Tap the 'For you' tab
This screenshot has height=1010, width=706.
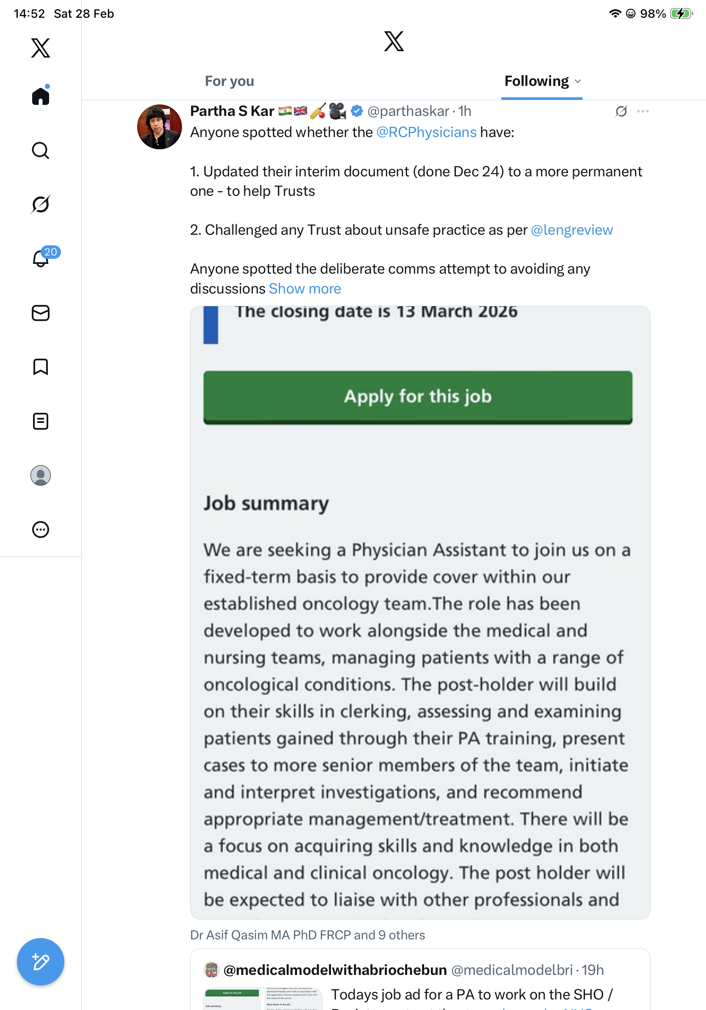pyautogui.click(x=229, y=81)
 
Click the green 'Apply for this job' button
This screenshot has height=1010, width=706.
pyautogui.click(x=417, y=397)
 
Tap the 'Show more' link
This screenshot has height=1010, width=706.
pyautogui.click(x=305, y=288)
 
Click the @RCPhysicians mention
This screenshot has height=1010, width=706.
pyautogui.click(x=426, y=132)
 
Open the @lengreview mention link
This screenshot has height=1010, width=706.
pyautogui.click(x=571, y=230)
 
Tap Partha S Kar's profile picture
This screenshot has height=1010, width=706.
pyautogui.click(x=159, y=127)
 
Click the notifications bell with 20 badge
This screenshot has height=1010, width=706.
pyautogui.click(x=41, y=259)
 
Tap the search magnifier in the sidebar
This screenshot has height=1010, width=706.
pyautogui.click(x=41, y=151)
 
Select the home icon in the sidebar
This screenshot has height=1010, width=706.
pyautogui.click(x=41, y=96)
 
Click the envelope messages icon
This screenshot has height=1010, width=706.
pyautogui.click(x=41, y=313)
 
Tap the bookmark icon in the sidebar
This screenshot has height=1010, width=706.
pyautogui.click(x=41, y=367)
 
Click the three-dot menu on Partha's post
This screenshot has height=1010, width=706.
pyautogui.click(x=643, y=111)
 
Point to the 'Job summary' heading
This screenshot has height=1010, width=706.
pyautogui.click(x=266, y=503)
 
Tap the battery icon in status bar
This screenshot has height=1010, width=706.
pyautogui.click(x=681, y=14)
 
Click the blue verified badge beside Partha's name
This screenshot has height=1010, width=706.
pyautogui.click(x=357, y=111)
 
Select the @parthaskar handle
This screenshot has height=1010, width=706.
pyautogui.click(x=408, y=111)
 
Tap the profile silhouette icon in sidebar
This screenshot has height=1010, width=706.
pyautogui.click(x=41, y=475)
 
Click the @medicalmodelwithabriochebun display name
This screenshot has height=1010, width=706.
pyautogui.click(x=335, y=969)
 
